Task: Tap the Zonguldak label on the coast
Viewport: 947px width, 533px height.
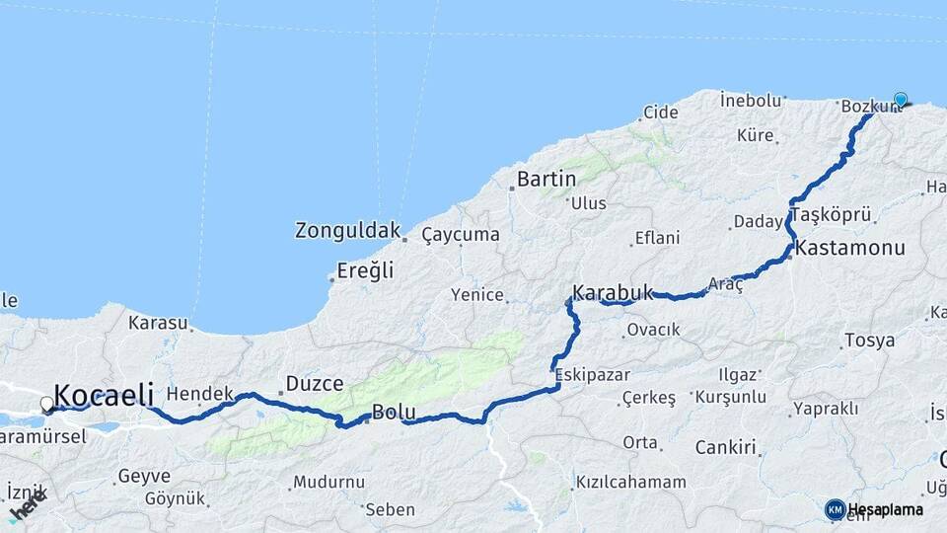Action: click(347, 231)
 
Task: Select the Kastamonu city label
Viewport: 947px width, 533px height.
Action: click(849, 248)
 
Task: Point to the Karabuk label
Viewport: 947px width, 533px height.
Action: click(613, 292)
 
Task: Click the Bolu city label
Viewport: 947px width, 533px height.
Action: click(394, 412)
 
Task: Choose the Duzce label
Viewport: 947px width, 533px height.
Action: click(314, 383)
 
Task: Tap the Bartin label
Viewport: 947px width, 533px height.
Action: click(546, 180)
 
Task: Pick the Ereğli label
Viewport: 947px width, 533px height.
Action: click(365, 269)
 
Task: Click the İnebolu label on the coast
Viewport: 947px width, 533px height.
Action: click(751, 100)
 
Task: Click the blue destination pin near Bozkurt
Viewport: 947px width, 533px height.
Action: click(900, 100)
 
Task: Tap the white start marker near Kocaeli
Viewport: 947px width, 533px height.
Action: click(46, 404)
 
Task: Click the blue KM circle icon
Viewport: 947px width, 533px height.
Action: click(835, 509)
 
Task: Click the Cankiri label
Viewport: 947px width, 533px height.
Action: click(725, 447)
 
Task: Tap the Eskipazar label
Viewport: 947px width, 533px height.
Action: click(589, 374)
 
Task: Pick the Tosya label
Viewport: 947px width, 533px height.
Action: click(869, 341)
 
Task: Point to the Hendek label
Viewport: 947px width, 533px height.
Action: click(199, 393)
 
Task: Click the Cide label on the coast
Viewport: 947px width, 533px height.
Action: click(660, 113)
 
